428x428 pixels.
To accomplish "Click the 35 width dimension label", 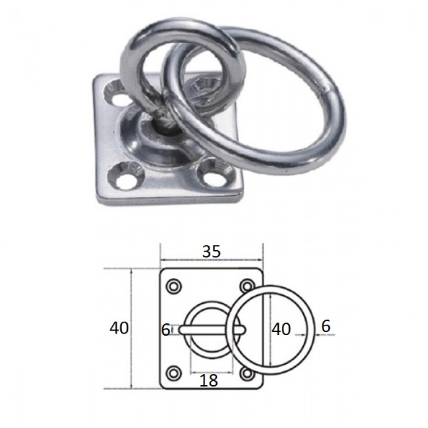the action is click(211, 252).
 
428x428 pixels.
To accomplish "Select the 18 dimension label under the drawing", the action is click(209, 380).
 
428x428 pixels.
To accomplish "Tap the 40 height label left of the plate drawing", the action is click(119, 328).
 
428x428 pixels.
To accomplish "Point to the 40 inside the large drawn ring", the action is click(281, 329).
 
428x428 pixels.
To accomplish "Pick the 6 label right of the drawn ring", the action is click(326, 326).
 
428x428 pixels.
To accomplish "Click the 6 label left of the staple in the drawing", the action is click(166, 330).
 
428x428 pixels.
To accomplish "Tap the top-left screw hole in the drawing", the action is click(174, 286).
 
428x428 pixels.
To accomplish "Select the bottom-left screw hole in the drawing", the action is click(174, 373).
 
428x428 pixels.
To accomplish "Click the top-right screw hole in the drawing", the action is click(247, 286).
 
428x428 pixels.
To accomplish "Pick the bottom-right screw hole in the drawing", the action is click(247, 373).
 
